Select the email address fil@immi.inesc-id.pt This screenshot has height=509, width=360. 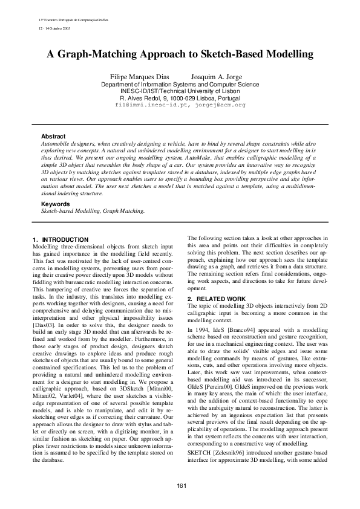pos(152,105)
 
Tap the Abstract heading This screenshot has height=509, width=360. pos(53,137)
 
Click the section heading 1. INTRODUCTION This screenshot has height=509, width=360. pos(61,240)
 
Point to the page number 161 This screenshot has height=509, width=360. pos(180,487)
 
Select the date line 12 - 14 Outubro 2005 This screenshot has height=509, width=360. pos(53,28)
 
